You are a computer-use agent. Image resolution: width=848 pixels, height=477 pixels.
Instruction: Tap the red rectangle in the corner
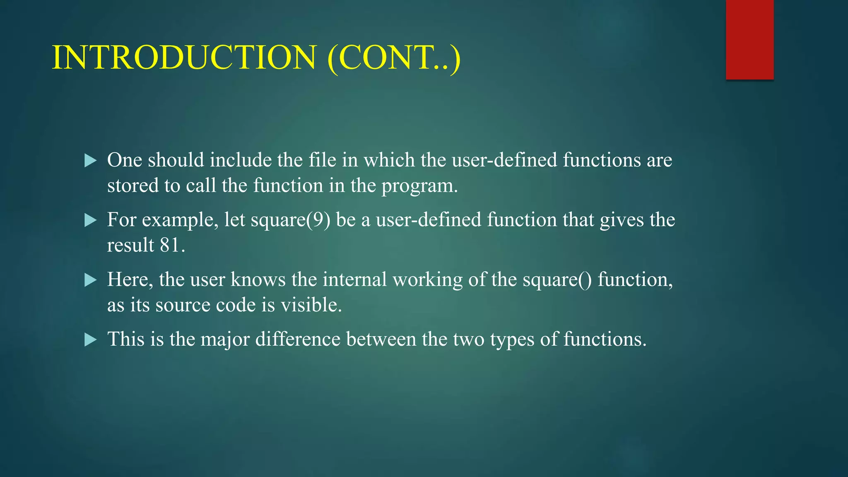[749, 39]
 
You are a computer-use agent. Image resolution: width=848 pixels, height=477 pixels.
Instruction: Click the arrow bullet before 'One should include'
[90, 161]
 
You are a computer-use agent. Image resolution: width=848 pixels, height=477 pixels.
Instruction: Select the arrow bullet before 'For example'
[90, 220]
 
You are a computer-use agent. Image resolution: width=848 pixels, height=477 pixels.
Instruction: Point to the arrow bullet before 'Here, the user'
[90, 280]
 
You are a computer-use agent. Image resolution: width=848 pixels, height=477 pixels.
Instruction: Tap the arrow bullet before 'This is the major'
[90, 340]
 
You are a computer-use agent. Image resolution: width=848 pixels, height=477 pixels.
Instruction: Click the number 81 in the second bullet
[170, 245]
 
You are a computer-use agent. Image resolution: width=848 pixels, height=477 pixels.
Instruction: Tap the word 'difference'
[298, 340]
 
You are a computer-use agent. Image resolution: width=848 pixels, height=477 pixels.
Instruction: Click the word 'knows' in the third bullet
[258, 280]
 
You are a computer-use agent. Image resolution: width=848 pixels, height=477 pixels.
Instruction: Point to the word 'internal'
[354, 280]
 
